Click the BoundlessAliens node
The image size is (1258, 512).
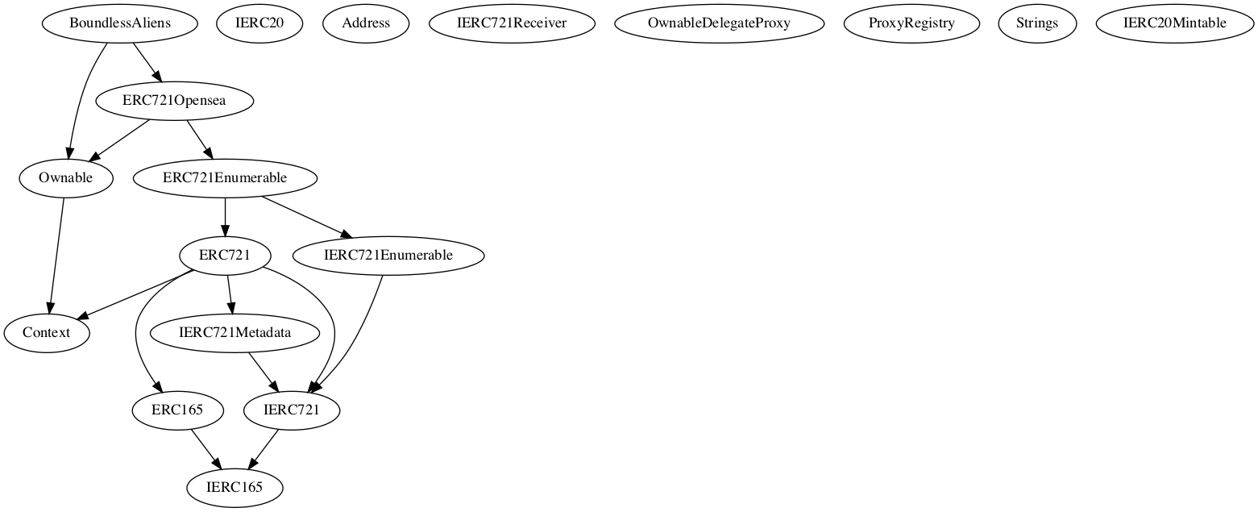121,23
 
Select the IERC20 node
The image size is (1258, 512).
259,23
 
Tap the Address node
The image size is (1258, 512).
366,23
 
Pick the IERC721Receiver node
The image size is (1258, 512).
512,23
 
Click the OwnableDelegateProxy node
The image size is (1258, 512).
719,23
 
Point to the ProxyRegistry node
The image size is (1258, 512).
911,23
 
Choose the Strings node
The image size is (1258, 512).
1037,23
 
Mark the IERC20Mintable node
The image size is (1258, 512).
1174,23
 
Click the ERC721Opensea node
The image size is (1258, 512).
174,102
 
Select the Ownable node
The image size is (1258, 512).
65,178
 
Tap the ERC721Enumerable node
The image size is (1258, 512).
225,178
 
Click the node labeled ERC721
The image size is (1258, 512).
225,256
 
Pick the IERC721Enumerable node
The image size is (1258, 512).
388,256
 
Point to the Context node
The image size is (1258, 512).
46,333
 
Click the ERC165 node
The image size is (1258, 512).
177,410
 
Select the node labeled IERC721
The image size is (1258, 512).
292,410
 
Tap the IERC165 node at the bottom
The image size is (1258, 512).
235,488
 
